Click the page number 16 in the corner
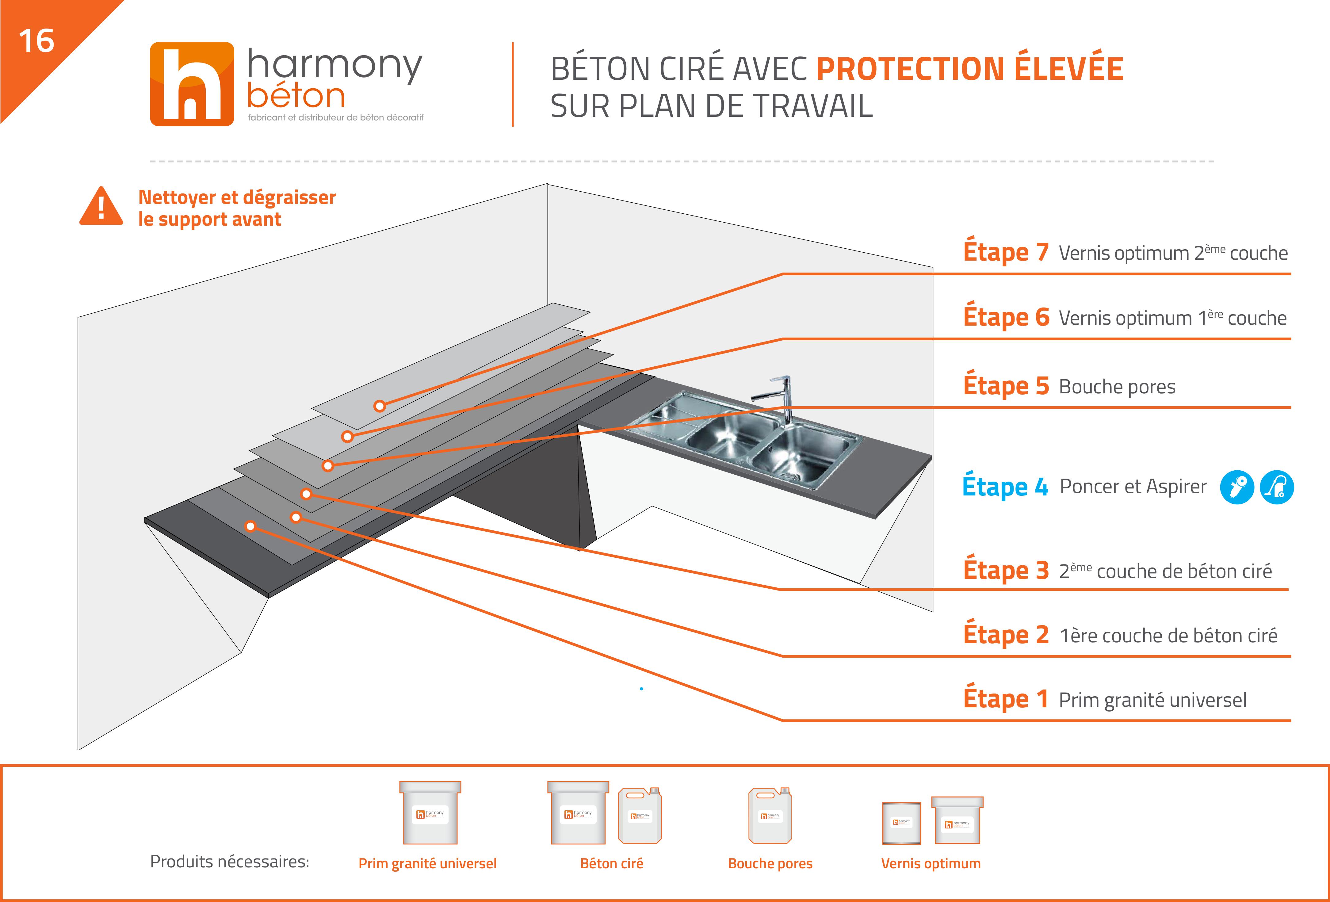[x=36, y=41]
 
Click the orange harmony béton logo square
[x=192, y=84]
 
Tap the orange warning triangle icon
[x=101, y=207]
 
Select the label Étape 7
[x=1006, y=252]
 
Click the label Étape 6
[x=1006, y=317]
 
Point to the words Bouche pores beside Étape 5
[x=1117, y=387]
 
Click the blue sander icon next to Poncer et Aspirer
[x=1237, y=487]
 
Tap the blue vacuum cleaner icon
[x=1277, y=487]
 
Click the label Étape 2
[x=1006, y=635]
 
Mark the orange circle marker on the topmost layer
[x=380, y=406]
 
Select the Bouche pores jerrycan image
[x=770, y=816]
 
